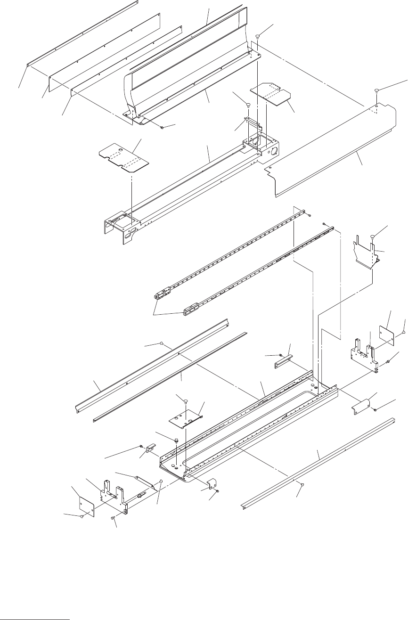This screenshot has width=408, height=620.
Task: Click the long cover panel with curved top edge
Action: point(330,151)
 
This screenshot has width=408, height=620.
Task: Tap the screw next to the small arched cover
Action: point(375,410)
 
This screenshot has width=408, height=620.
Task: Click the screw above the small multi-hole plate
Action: point(186,401)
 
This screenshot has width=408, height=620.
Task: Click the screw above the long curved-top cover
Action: point(377,90)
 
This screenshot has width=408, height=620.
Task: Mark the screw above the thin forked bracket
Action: point(373,235)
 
